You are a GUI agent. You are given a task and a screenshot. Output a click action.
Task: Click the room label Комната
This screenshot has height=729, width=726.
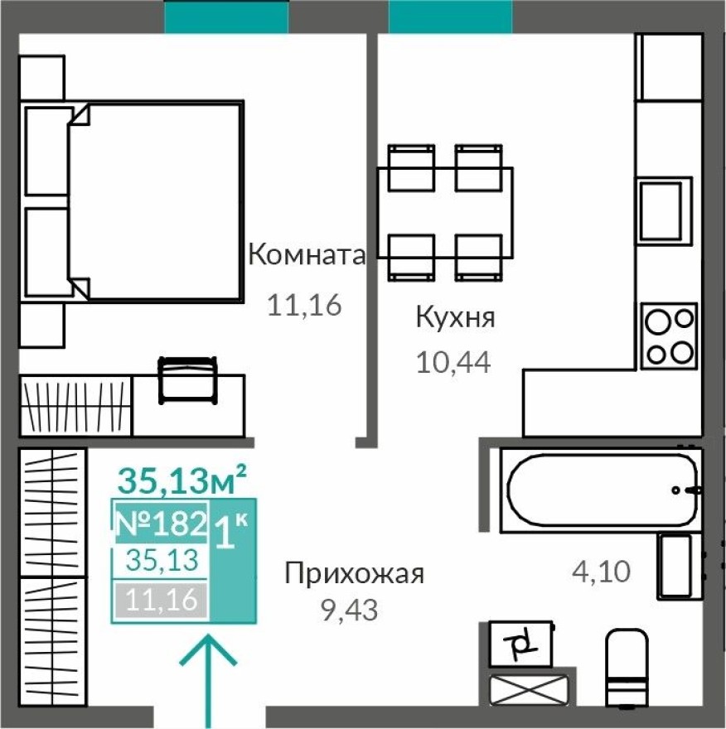coord(307,254)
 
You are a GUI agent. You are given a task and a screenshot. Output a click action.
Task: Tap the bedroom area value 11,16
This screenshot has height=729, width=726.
coord(304,306)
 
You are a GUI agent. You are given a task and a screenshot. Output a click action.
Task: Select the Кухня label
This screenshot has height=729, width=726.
coord(455,317)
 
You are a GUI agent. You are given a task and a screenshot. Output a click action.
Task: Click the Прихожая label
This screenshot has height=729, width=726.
coord(354,573)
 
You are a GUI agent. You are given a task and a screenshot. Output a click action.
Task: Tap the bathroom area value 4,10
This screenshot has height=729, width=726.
coord(603,571)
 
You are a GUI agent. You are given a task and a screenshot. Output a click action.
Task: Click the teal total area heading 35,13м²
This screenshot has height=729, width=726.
coord(182,478)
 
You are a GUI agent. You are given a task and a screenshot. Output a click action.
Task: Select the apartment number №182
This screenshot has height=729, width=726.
coord(159,523)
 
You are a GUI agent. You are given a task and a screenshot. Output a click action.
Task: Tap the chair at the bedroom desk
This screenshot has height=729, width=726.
coord(187,379)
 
